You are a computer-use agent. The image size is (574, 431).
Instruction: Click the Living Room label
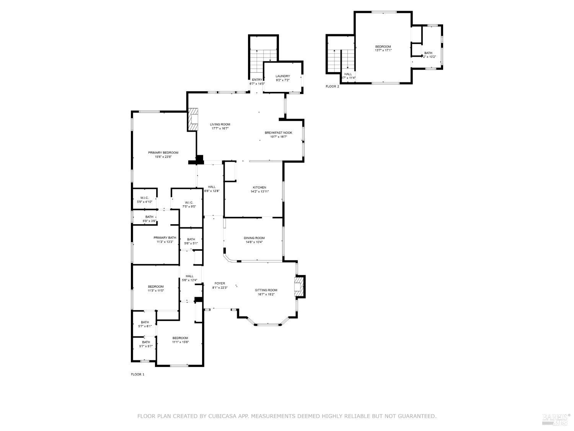[x=220, y=124]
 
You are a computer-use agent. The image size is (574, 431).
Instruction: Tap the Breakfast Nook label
[x=278, y=133]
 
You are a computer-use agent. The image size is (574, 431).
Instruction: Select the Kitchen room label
[x=259, y=187]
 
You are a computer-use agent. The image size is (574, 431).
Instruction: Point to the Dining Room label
[x=254, y=238]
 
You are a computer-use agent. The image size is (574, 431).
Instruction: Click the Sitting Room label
[x=266, y=290]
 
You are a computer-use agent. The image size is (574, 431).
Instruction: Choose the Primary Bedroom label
[x=163, y=152]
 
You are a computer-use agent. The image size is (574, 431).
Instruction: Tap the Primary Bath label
[x=165, y=238]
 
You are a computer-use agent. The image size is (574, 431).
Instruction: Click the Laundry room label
[x=283, y=76]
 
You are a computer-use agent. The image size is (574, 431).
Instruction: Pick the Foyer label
[x=220, y=284]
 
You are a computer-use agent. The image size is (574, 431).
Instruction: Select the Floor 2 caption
[x=332, y=87]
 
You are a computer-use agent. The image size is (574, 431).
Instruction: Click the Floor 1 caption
[x=137, y=374]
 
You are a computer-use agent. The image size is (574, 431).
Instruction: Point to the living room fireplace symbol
[x=193, y=119]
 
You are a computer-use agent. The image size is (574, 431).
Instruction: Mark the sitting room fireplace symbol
[x=298, y=286]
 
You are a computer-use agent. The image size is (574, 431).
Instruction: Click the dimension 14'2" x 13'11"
[x=259, y=192]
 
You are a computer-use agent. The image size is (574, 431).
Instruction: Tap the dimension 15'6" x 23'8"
[x=163, y=157]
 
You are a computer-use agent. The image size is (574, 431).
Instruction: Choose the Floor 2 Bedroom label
[x=383, y=46]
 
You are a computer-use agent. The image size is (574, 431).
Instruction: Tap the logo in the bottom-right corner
[x=556, y=419]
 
